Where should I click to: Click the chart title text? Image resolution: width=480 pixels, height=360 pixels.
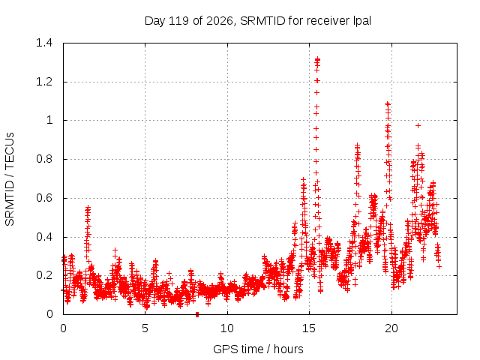(x=258, y=21)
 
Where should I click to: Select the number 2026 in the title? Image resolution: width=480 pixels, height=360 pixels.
(x=220, y=21)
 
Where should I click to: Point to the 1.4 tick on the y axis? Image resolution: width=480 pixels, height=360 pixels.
(x=44, y=43)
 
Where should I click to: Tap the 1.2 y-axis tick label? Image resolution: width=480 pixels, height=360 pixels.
(x=44, y=82)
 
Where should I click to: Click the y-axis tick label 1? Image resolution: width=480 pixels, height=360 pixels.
(x=49, y=120)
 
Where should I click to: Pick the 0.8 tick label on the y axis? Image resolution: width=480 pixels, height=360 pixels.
(x=44, y=159)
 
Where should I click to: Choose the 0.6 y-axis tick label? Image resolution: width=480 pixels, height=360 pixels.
(x=44, y=198)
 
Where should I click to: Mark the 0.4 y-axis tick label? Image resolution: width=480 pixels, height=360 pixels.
(x=44, y=237)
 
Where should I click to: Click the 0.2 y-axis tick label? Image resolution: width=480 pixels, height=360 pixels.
(x=44, y=275)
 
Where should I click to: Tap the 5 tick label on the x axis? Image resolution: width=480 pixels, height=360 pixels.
(x=145, y=328)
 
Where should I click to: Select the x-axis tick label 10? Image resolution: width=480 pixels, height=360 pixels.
(x=227, y=328)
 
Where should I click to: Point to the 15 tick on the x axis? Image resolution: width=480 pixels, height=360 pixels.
(x=309, y=328)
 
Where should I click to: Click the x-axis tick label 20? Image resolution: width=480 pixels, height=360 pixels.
(x=391, y=328)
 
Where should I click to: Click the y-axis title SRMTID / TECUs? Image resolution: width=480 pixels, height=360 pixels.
(x=10, y=179)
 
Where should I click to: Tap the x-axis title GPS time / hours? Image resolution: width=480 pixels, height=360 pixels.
(x=258, y=349)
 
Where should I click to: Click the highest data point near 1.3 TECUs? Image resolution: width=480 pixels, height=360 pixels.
(x=318, y=58)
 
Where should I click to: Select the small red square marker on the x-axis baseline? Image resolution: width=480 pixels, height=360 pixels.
(x=197, y=314)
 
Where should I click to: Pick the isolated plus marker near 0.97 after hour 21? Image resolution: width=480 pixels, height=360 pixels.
(x=418, y=125)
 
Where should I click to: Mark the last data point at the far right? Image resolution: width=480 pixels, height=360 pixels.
(x=439, y=267)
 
